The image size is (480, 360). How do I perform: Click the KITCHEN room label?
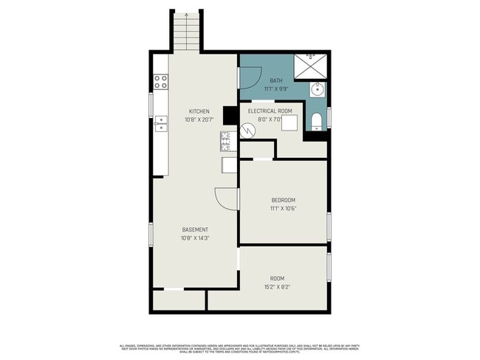tap(198, 111)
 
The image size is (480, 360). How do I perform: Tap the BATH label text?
tap(275, 80)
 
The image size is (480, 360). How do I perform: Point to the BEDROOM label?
tap(283, 201)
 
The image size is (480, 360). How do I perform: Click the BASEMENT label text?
tap(195, 229)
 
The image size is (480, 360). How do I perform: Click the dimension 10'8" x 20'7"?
tap(198, 120)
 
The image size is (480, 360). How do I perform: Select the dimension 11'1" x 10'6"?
tap(283, 209)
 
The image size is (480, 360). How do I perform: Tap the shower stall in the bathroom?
tap(310, 66)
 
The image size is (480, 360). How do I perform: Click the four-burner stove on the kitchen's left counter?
tap(160, 82)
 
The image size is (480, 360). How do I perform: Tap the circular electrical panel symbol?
tap(249, 130)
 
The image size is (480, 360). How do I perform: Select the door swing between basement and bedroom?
tap(226, 198)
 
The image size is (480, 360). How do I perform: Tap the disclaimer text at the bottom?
tap(240, 348)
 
